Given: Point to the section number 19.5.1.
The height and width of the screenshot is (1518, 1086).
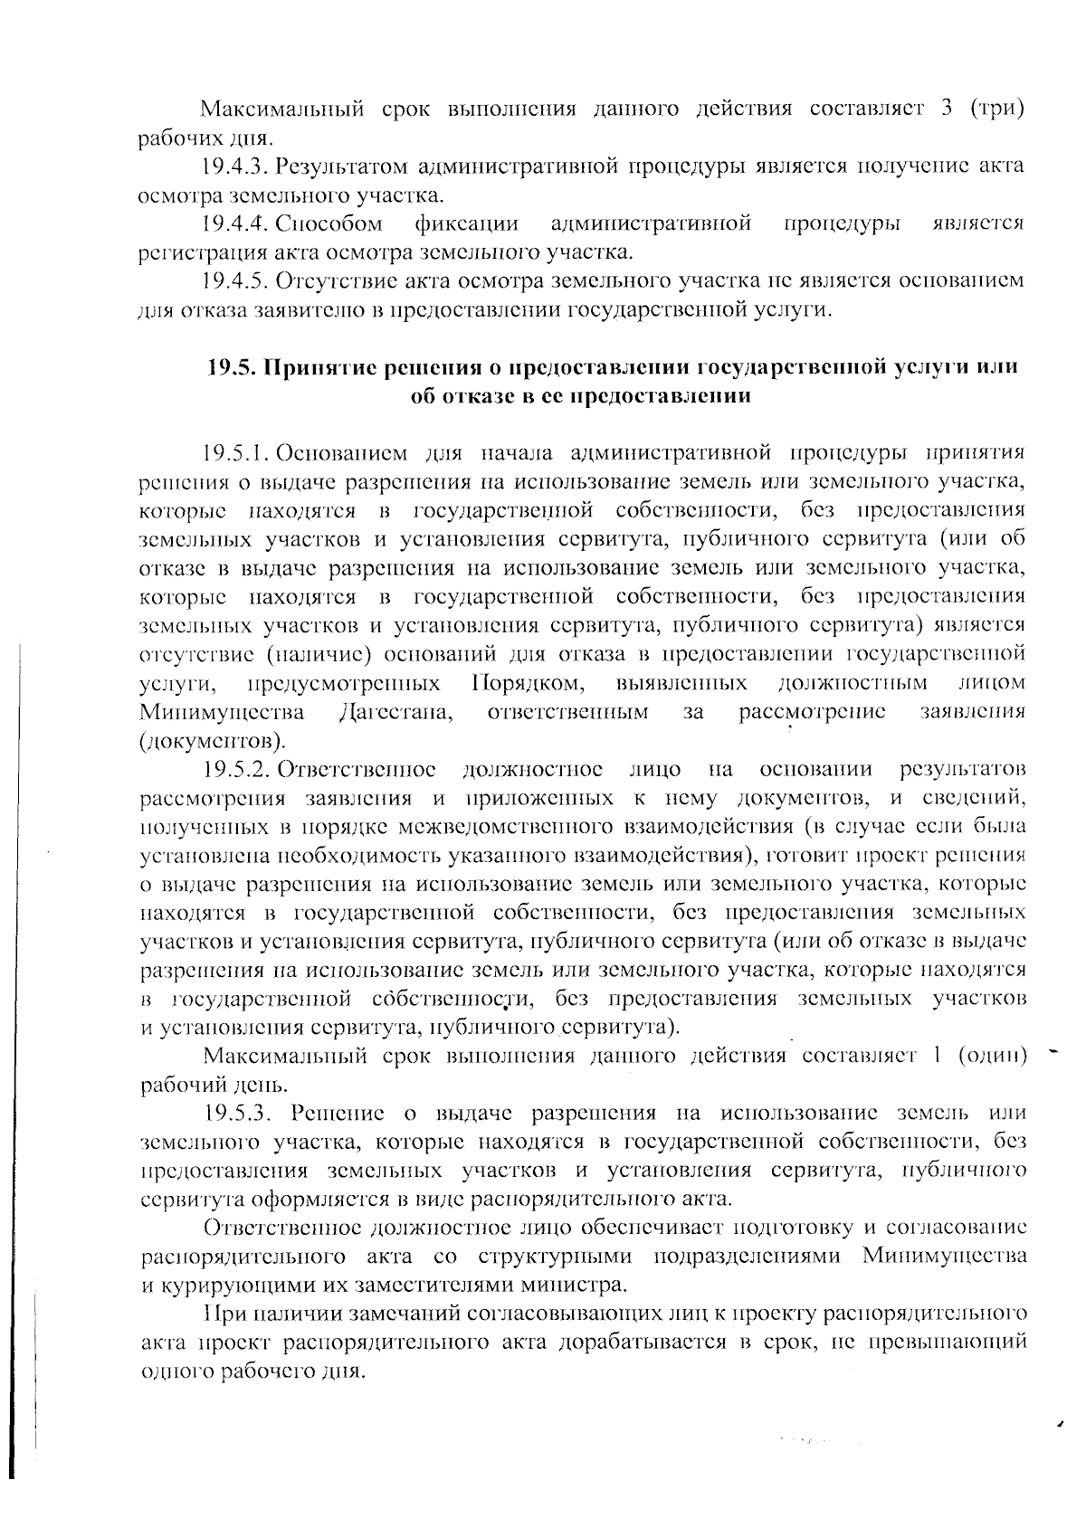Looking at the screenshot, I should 237,451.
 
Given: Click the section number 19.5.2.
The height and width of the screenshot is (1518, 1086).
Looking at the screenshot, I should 237,770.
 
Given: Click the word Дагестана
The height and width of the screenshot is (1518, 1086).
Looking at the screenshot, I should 395,712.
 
